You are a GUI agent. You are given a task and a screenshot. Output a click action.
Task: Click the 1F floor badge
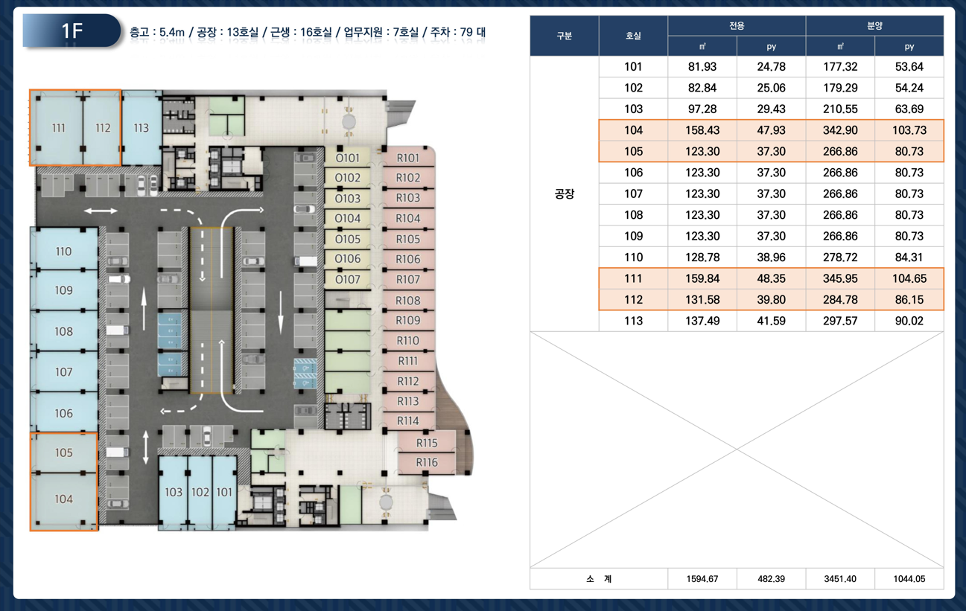[72, 31]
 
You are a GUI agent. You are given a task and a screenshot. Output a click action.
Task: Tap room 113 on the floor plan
[142, 127]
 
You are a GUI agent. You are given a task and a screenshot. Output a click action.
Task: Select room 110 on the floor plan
[64, 251]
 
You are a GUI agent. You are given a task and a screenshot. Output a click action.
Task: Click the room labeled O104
[347, 219]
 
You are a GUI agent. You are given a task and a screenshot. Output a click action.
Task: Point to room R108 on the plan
[408, 300]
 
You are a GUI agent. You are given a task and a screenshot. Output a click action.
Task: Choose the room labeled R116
[427, 462]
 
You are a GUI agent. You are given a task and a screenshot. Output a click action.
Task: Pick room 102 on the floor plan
[200, 492]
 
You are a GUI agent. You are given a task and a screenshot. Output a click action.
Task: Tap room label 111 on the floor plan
[59, 128]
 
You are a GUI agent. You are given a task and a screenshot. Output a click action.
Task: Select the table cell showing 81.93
[702, 67]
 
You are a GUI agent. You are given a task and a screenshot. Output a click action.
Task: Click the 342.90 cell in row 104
[840, 130]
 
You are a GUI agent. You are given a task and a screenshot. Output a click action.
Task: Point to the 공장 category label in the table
[564, 194]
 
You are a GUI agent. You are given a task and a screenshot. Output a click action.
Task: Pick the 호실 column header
[633, 36]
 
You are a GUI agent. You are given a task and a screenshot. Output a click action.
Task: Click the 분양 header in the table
[874, 26]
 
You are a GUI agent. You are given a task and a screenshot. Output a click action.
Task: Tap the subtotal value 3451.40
[840, 579]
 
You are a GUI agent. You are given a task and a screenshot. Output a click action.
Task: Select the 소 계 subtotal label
[599, 579]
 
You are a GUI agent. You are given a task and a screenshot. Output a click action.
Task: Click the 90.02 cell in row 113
[909, 321]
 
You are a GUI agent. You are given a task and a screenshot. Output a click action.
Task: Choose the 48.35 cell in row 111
[771, 278]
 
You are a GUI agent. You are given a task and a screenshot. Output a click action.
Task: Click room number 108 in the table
[633, 215]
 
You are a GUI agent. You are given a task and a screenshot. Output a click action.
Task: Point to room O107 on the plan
[347, 280]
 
